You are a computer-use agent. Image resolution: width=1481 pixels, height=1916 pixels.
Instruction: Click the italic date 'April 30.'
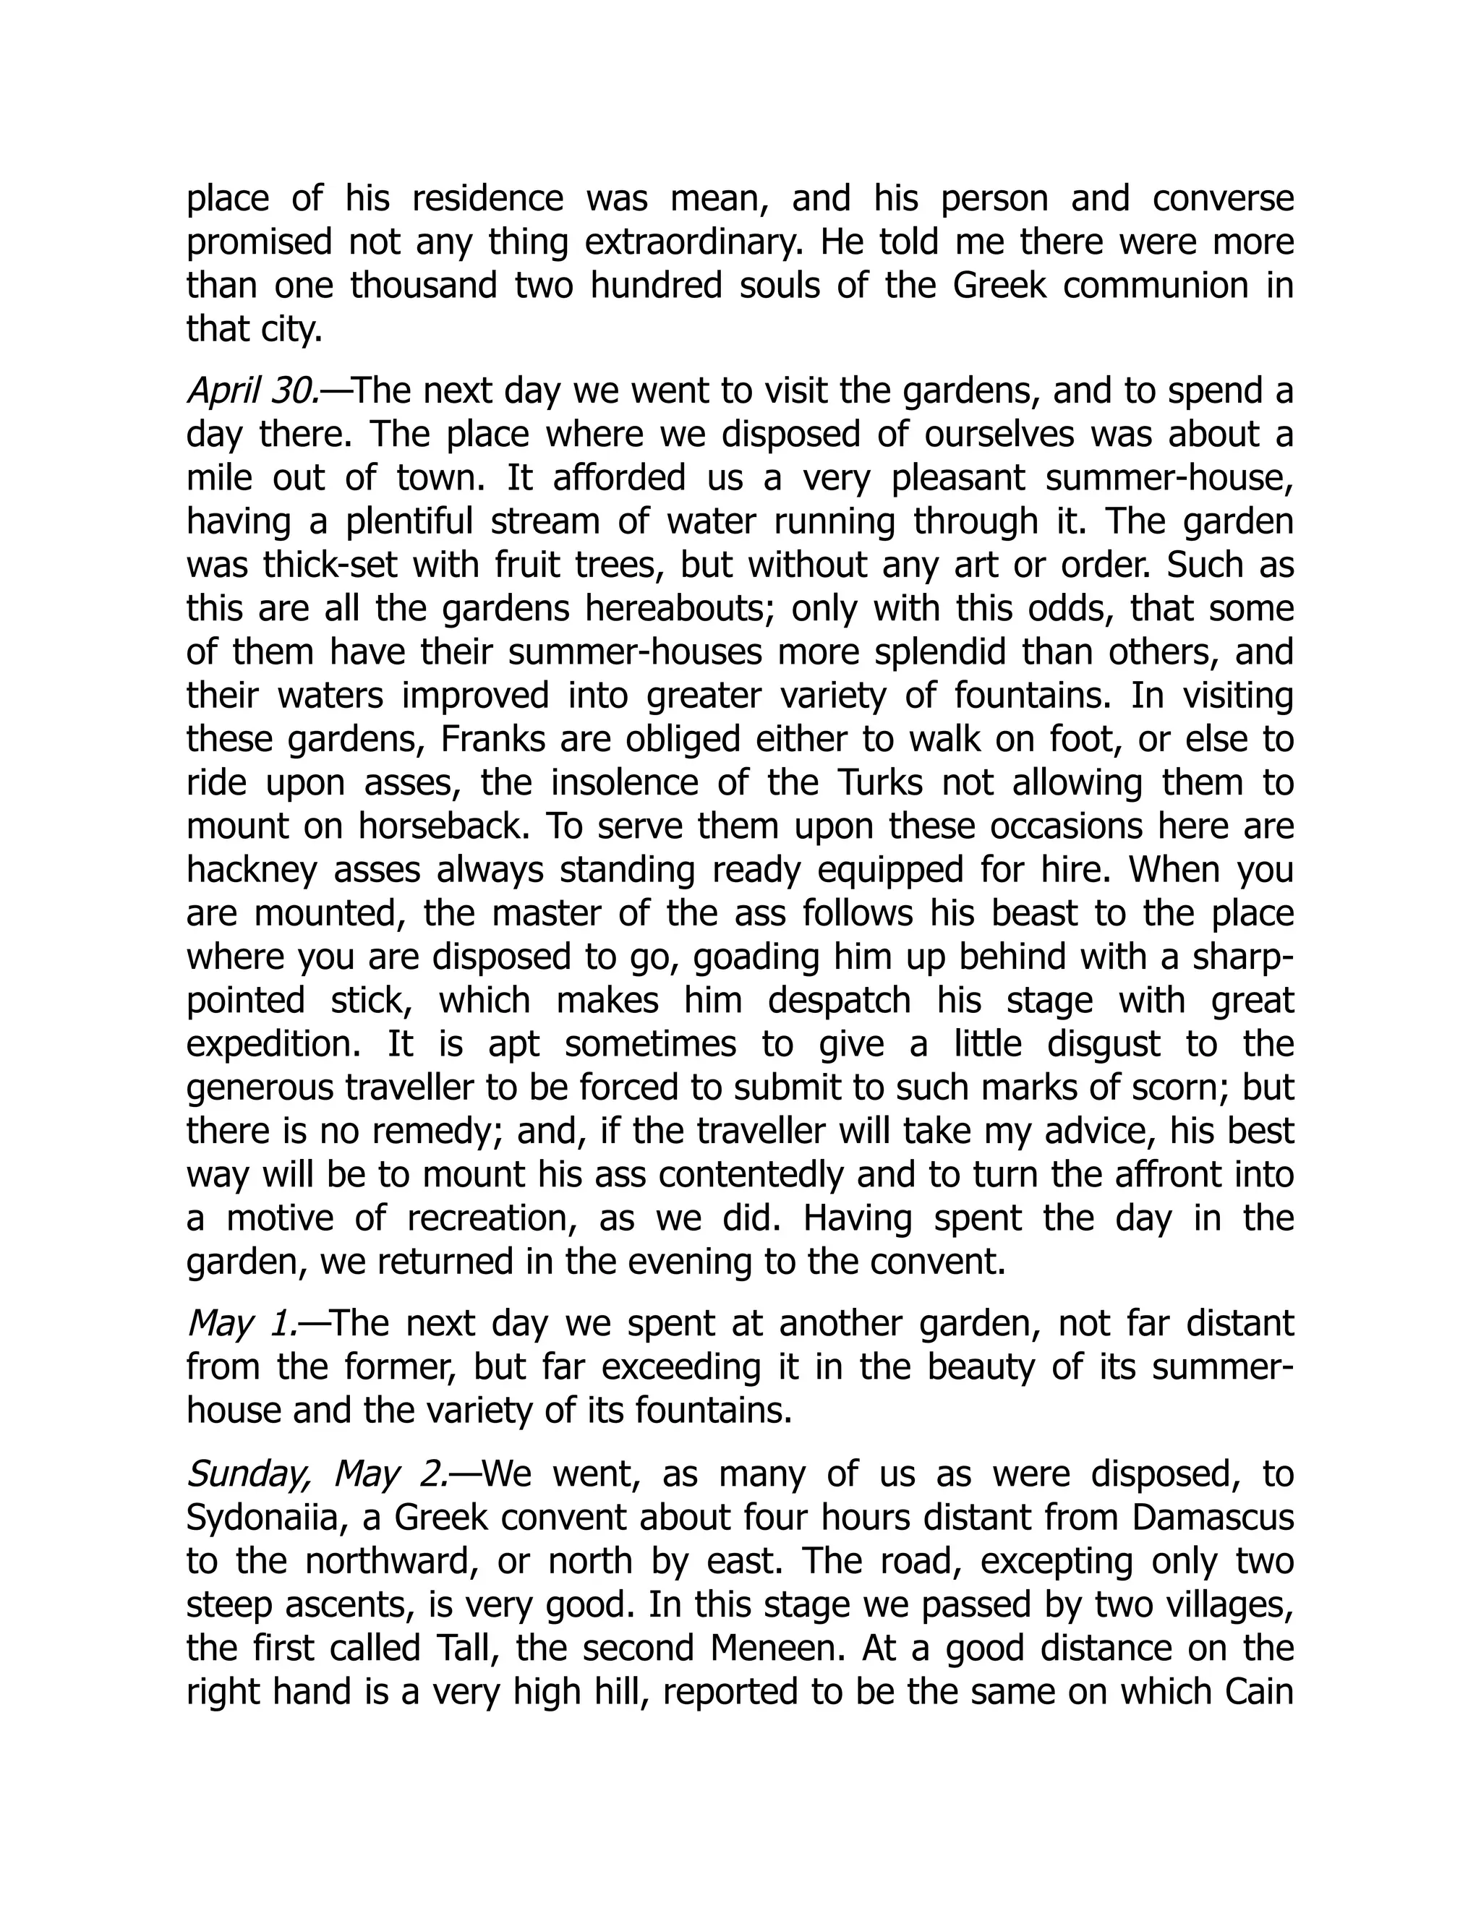pos(252,391)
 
